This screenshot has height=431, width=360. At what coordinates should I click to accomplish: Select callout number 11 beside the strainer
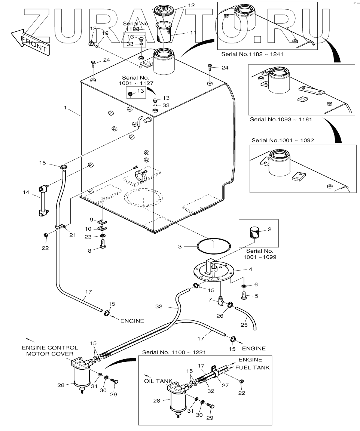pyautogui.click(x=193, y=33)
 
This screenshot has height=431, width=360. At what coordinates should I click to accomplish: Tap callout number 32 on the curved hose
pyautogui.click(x=159, y=306)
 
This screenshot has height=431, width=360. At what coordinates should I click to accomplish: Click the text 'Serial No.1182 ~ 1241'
pyautogui.click(x=252, y=54)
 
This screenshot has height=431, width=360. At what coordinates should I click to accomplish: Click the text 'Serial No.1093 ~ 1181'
pyautogui.click(x=281, y=120)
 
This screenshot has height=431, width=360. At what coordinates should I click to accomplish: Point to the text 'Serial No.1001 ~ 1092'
pyautogui.click(x=283, y=140)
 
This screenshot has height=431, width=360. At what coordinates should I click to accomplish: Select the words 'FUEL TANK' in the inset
pyautogui.click(x=252, y=367)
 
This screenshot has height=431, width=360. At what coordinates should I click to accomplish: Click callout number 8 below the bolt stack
pyautogui.click(x=89, y=251)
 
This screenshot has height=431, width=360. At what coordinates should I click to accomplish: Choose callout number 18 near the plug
pyautogui.click(x=93, y=29)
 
